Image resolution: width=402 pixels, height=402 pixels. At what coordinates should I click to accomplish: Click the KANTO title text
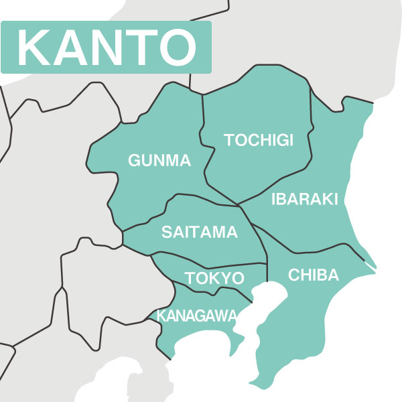106,47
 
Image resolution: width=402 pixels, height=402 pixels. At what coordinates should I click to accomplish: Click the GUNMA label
159,161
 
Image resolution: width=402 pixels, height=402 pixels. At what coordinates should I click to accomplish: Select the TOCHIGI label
259,140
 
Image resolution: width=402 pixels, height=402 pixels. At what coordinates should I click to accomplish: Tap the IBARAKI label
305,199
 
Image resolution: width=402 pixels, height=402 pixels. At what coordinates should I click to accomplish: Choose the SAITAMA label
200,232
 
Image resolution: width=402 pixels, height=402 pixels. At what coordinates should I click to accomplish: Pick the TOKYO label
214,278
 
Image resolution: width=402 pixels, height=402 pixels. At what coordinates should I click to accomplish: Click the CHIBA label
314,275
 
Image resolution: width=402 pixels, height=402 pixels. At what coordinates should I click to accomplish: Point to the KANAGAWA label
196,315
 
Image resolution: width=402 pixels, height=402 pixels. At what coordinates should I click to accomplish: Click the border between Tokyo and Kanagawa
208,290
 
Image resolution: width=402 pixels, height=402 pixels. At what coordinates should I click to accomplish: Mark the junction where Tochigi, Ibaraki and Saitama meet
239,205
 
